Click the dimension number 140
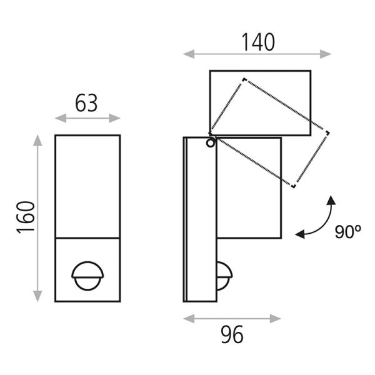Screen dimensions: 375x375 pyautogui.click(x=257, y=42)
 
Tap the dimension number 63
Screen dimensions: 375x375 pyautogui.click(x=87, y=103)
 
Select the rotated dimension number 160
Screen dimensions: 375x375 pyautogui.click(x=25, y=216)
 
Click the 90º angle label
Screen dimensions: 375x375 pyautogui.click(x=348, y=232)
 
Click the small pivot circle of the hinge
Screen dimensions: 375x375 pyautogui.click(x=210, y=143)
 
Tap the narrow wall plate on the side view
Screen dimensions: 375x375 pyautogui.click(x=191, y=219)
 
